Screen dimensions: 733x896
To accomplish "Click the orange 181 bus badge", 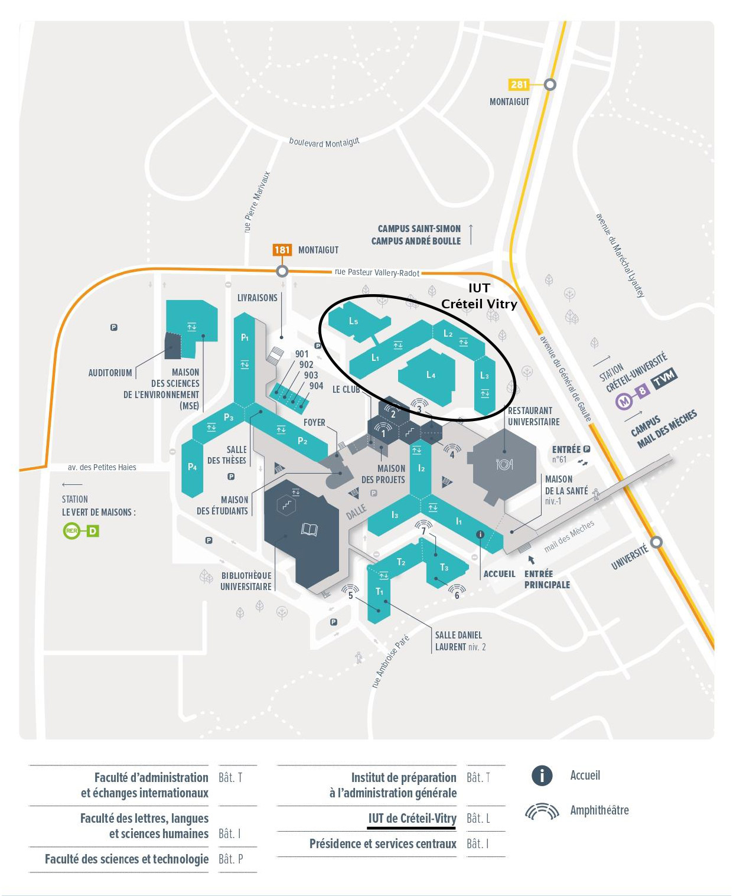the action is [282, 250].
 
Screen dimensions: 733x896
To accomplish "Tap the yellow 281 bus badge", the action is [519, 84].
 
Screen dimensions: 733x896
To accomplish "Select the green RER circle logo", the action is [71, 530].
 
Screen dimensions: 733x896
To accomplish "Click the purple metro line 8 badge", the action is [642, 390].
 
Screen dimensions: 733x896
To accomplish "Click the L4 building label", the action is [431, 374].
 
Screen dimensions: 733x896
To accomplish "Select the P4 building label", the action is [192, 467].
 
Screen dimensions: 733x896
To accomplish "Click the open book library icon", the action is [309, 529].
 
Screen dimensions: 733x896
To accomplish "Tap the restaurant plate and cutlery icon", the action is [504, 464].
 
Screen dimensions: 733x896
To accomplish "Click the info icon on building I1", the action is [480, 534].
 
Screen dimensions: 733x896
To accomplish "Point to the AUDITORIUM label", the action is [110, 373].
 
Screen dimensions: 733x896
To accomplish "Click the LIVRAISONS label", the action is [257, 298].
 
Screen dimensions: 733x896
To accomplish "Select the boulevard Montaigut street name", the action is [324, 142].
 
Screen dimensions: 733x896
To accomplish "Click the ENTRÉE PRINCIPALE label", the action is [547, 579].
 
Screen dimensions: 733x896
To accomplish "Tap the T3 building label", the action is [444, 567].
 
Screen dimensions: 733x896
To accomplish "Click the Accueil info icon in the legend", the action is [542, 776].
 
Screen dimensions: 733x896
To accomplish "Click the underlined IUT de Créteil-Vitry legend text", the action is [412, 818].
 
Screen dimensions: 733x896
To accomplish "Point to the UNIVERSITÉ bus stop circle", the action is [657, 542].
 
